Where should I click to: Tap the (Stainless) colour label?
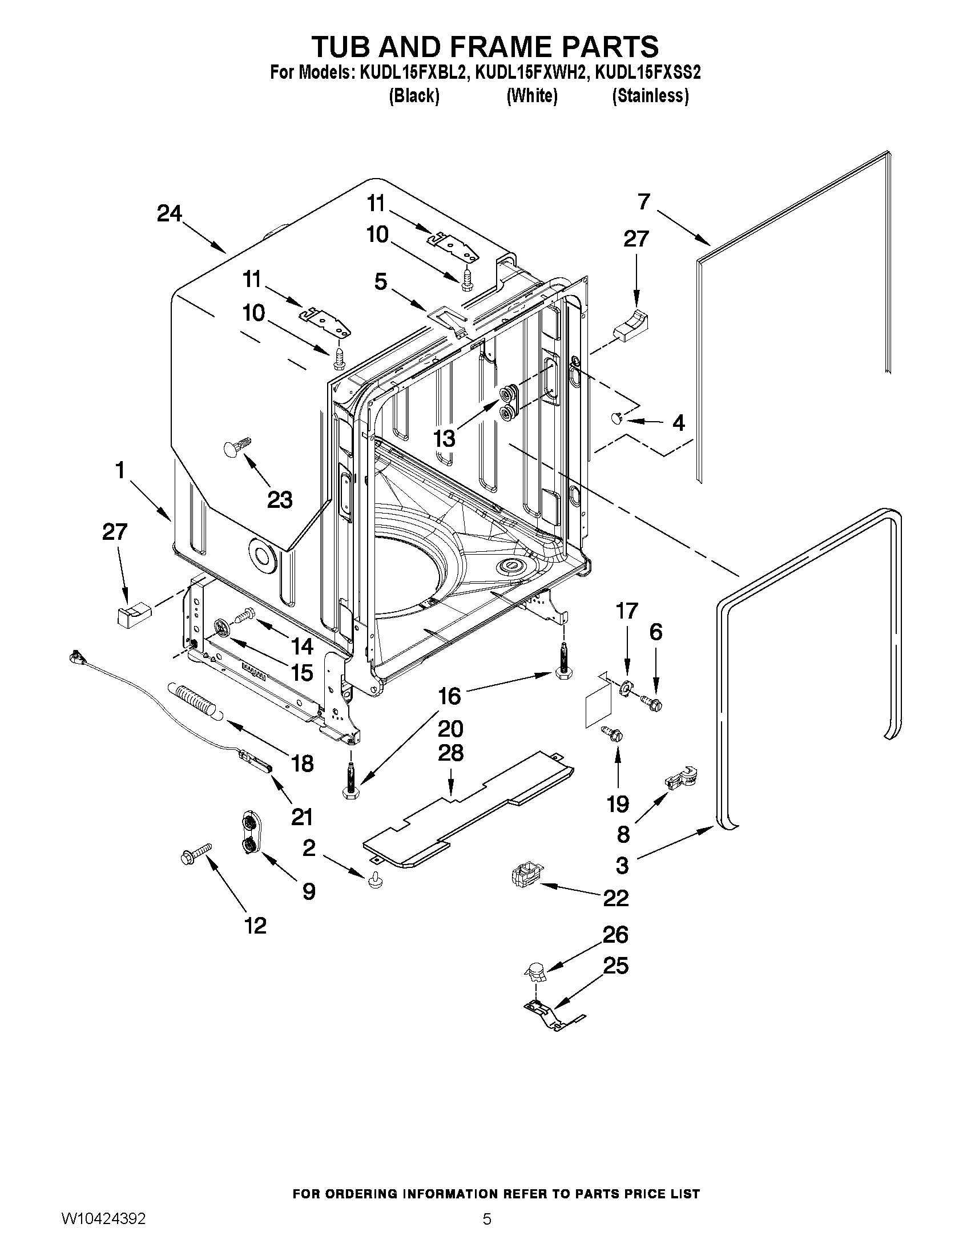click(650, 95)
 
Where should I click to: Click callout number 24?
click(169, 214)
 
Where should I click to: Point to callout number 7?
click(644, 202)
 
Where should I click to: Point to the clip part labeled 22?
click(524, 878)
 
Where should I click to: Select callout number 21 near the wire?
click(302, 817)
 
